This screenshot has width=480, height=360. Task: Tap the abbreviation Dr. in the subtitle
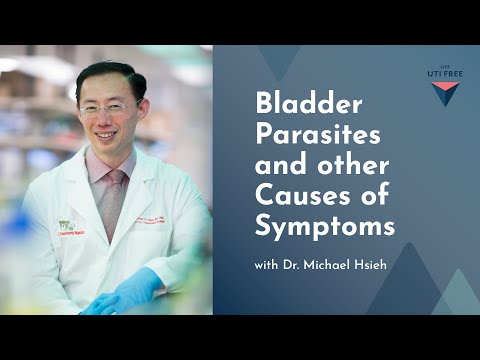pyautogui.click(x=298, y=266)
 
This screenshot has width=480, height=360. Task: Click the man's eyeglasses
pyautogui.click(x=108, y=106)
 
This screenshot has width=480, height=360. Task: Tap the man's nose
pyautogui.click(x=106, y=117)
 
